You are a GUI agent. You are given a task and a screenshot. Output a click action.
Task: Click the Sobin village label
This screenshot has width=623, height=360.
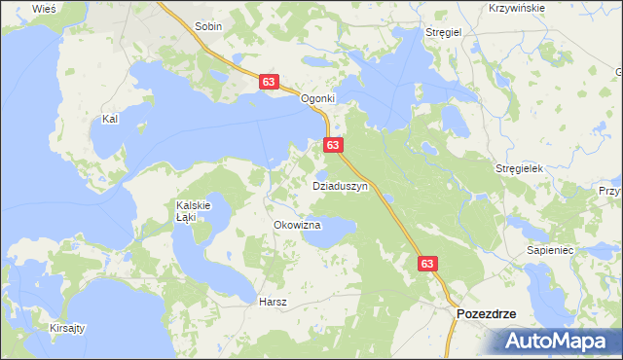[209, 27]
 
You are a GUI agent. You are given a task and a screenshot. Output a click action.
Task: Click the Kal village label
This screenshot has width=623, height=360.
[110, 119]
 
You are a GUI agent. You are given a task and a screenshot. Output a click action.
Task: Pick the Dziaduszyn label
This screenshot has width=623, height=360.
[339, 185]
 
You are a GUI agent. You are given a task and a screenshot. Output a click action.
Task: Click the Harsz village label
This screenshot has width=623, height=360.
[273, 302]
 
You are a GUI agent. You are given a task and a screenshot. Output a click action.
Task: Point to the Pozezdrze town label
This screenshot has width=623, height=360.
[487, 314]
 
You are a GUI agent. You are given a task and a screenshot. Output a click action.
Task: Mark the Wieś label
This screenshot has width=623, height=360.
[44, 8]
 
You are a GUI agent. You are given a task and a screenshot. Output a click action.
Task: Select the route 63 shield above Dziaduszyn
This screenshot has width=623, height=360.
[333, 145]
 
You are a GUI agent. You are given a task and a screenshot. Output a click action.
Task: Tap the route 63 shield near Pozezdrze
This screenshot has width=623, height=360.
[428, 263]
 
